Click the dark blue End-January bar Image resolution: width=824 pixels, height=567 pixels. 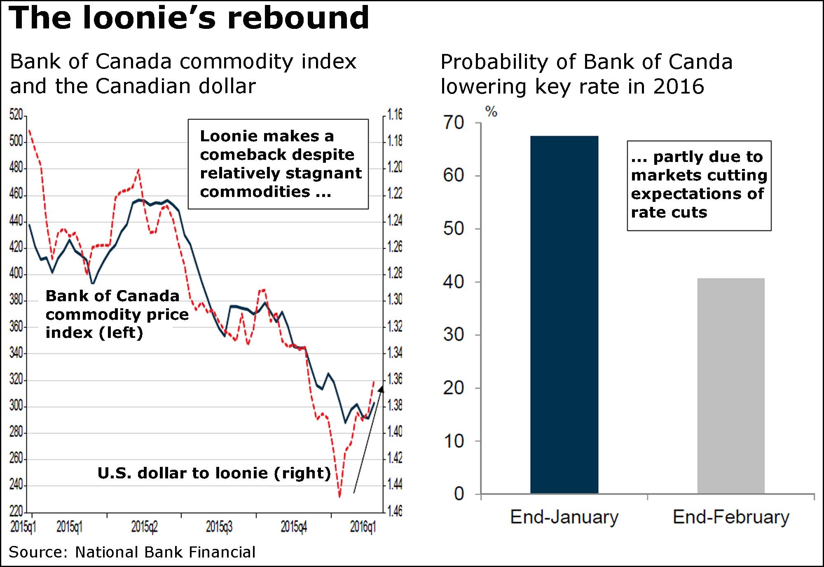coord(564,314)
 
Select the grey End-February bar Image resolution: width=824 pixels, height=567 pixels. coord(731,386)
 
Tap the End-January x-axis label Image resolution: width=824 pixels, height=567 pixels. coord(564,517)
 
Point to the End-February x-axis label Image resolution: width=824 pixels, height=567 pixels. coord(731,517)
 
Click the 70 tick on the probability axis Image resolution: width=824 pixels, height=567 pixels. coord(454,123)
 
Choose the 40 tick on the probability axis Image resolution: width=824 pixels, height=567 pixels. coord(454,282)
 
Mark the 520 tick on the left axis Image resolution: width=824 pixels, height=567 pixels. coord(16,115)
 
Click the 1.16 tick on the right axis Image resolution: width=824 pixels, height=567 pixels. coord(394,115)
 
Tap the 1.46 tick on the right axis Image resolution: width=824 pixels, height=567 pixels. coord(394,511)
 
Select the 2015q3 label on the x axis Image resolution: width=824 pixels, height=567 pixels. coord(219,527)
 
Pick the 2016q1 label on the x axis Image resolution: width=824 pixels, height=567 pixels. coord(363,527)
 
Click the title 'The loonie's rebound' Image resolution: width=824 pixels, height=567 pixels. coord(188,18)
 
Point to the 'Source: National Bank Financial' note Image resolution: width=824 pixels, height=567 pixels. coord(132,552)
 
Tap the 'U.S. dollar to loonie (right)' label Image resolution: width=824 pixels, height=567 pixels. coord(214,473)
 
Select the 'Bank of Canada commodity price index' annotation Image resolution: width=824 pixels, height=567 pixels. coord(117,314)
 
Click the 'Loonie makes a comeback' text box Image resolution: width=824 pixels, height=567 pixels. coord(278,164)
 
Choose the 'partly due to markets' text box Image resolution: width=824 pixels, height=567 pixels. coord(699,185)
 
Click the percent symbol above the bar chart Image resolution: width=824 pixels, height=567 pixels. coord(491,111)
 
